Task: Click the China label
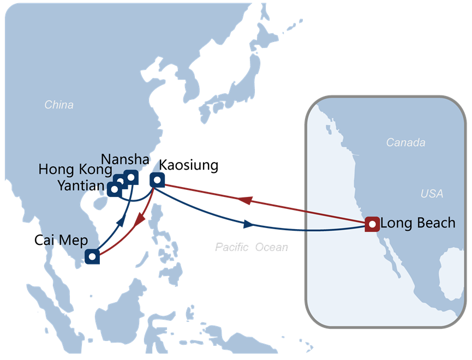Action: tap(59, 105)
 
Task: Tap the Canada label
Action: tap(405, 142)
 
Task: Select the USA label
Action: tap(432, 194)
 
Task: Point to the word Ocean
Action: tap(271, 247)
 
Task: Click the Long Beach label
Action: tap(417, 223)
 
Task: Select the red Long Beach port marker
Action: tap(372, 224)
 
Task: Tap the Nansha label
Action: tap(126, 159)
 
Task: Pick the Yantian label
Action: tap(81, 185)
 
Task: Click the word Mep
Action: tap(73, 240)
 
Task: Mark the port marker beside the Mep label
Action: tap(93, 256)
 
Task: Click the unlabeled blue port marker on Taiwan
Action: tap(157, 179)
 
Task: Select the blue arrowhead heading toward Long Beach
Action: tap(248, 224)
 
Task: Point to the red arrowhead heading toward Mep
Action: tap(140, 220)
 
